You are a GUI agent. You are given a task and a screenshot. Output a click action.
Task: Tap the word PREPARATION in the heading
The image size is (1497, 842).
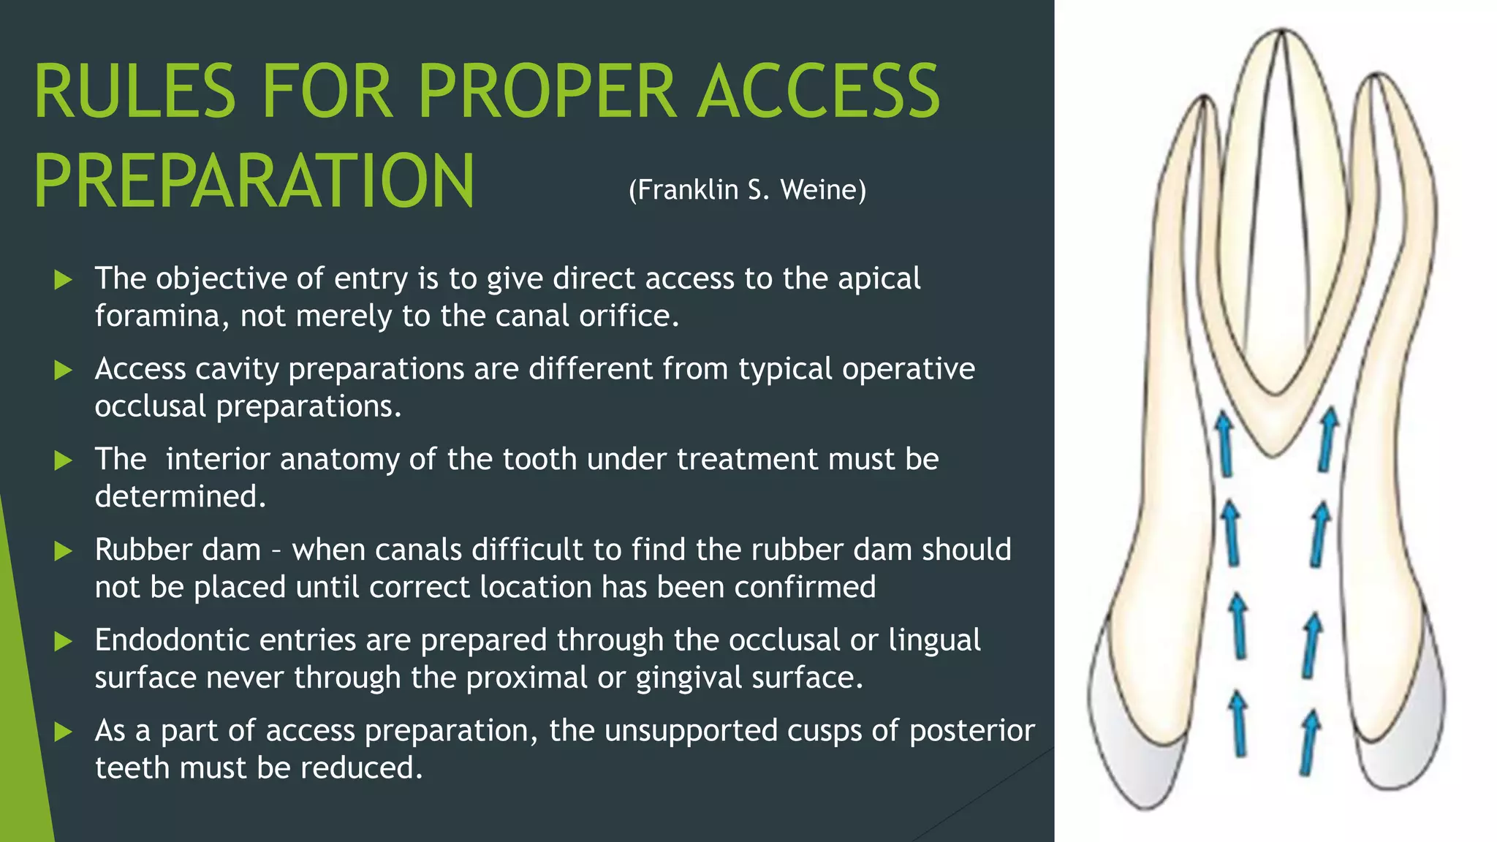[x=254, y=181]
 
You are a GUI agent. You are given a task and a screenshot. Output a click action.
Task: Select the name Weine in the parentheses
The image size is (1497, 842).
[x=818, y=190]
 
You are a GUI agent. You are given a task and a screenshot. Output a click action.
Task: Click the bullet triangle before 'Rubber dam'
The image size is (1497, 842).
[x=64, y=550]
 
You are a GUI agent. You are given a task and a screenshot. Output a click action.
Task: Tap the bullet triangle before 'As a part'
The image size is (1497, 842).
[x=64, y=732]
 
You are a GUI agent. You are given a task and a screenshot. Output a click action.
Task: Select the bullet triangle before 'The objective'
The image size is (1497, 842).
[x=64, y=279]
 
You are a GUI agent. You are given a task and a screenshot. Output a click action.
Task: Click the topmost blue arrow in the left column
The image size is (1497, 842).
[x=1224, y=442]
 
